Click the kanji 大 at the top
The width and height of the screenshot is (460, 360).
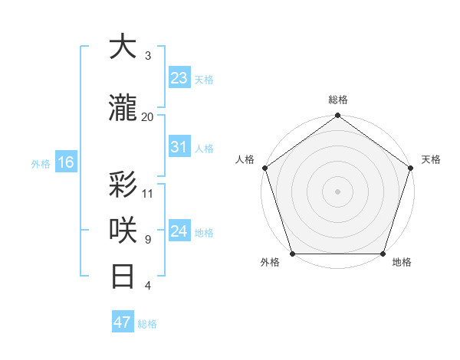click(x=123, y=47)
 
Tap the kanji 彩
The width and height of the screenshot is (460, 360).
click(x=123, y=185)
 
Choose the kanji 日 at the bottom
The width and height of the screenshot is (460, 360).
click(x=123, y=277)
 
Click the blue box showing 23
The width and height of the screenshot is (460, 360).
click(x=179, y=78)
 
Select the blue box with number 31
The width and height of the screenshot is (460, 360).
click(x=179, y=147)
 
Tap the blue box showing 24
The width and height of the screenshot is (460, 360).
click(x=179, y=231)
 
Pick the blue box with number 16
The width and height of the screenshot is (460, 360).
click(x=66, y=162)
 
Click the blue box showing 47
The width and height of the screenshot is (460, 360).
click(x=123, y=322)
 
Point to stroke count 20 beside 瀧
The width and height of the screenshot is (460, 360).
click(x=148, y=117)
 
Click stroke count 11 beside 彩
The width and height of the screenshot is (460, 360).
click(x=148, y=193)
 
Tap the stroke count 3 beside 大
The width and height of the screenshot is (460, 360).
click(x=148, y=56)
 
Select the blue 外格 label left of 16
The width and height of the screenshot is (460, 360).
click(x=41, y=163)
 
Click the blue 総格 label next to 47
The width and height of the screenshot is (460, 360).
click(x=147, y=324)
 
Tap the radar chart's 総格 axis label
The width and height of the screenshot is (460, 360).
click(x=338, y=100)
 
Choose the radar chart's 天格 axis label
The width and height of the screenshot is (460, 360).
click(x=431, y=159)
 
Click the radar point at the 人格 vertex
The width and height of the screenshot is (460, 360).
click(x=264, y=168)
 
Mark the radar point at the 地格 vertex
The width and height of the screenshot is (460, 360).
click(x=383, y=254)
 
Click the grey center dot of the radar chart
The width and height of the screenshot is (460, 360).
click(x=338, y=191)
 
